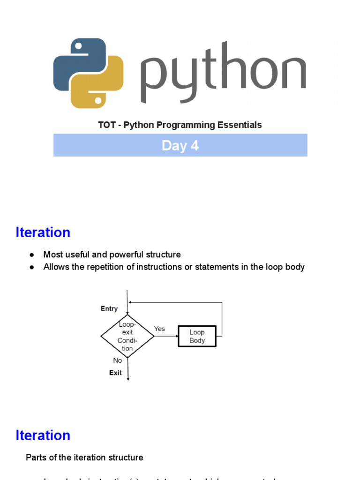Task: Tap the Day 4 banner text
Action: click(x=180, y=145)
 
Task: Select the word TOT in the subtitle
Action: click(x=106, y=125)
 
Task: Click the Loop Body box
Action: click(x=197, y=336)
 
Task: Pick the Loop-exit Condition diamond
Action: click(x=127, y=336)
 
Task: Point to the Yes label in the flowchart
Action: click(x=159, y=329)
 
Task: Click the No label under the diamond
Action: click(x=117, y=360)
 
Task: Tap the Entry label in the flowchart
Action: click(x=109, y=308)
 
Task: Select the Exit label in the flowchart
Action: click(x=115, y=373)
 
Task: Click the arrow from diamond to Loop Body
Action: click(x=166, y=336)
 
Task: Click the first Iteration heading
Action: click(x=43, y=232)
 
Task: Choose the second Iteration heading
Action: click(x=43, y=435)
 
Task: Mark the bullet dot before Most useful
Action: click(x=32, y=255)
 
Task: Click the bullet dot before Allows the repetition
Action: click(x=32, y=267)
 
